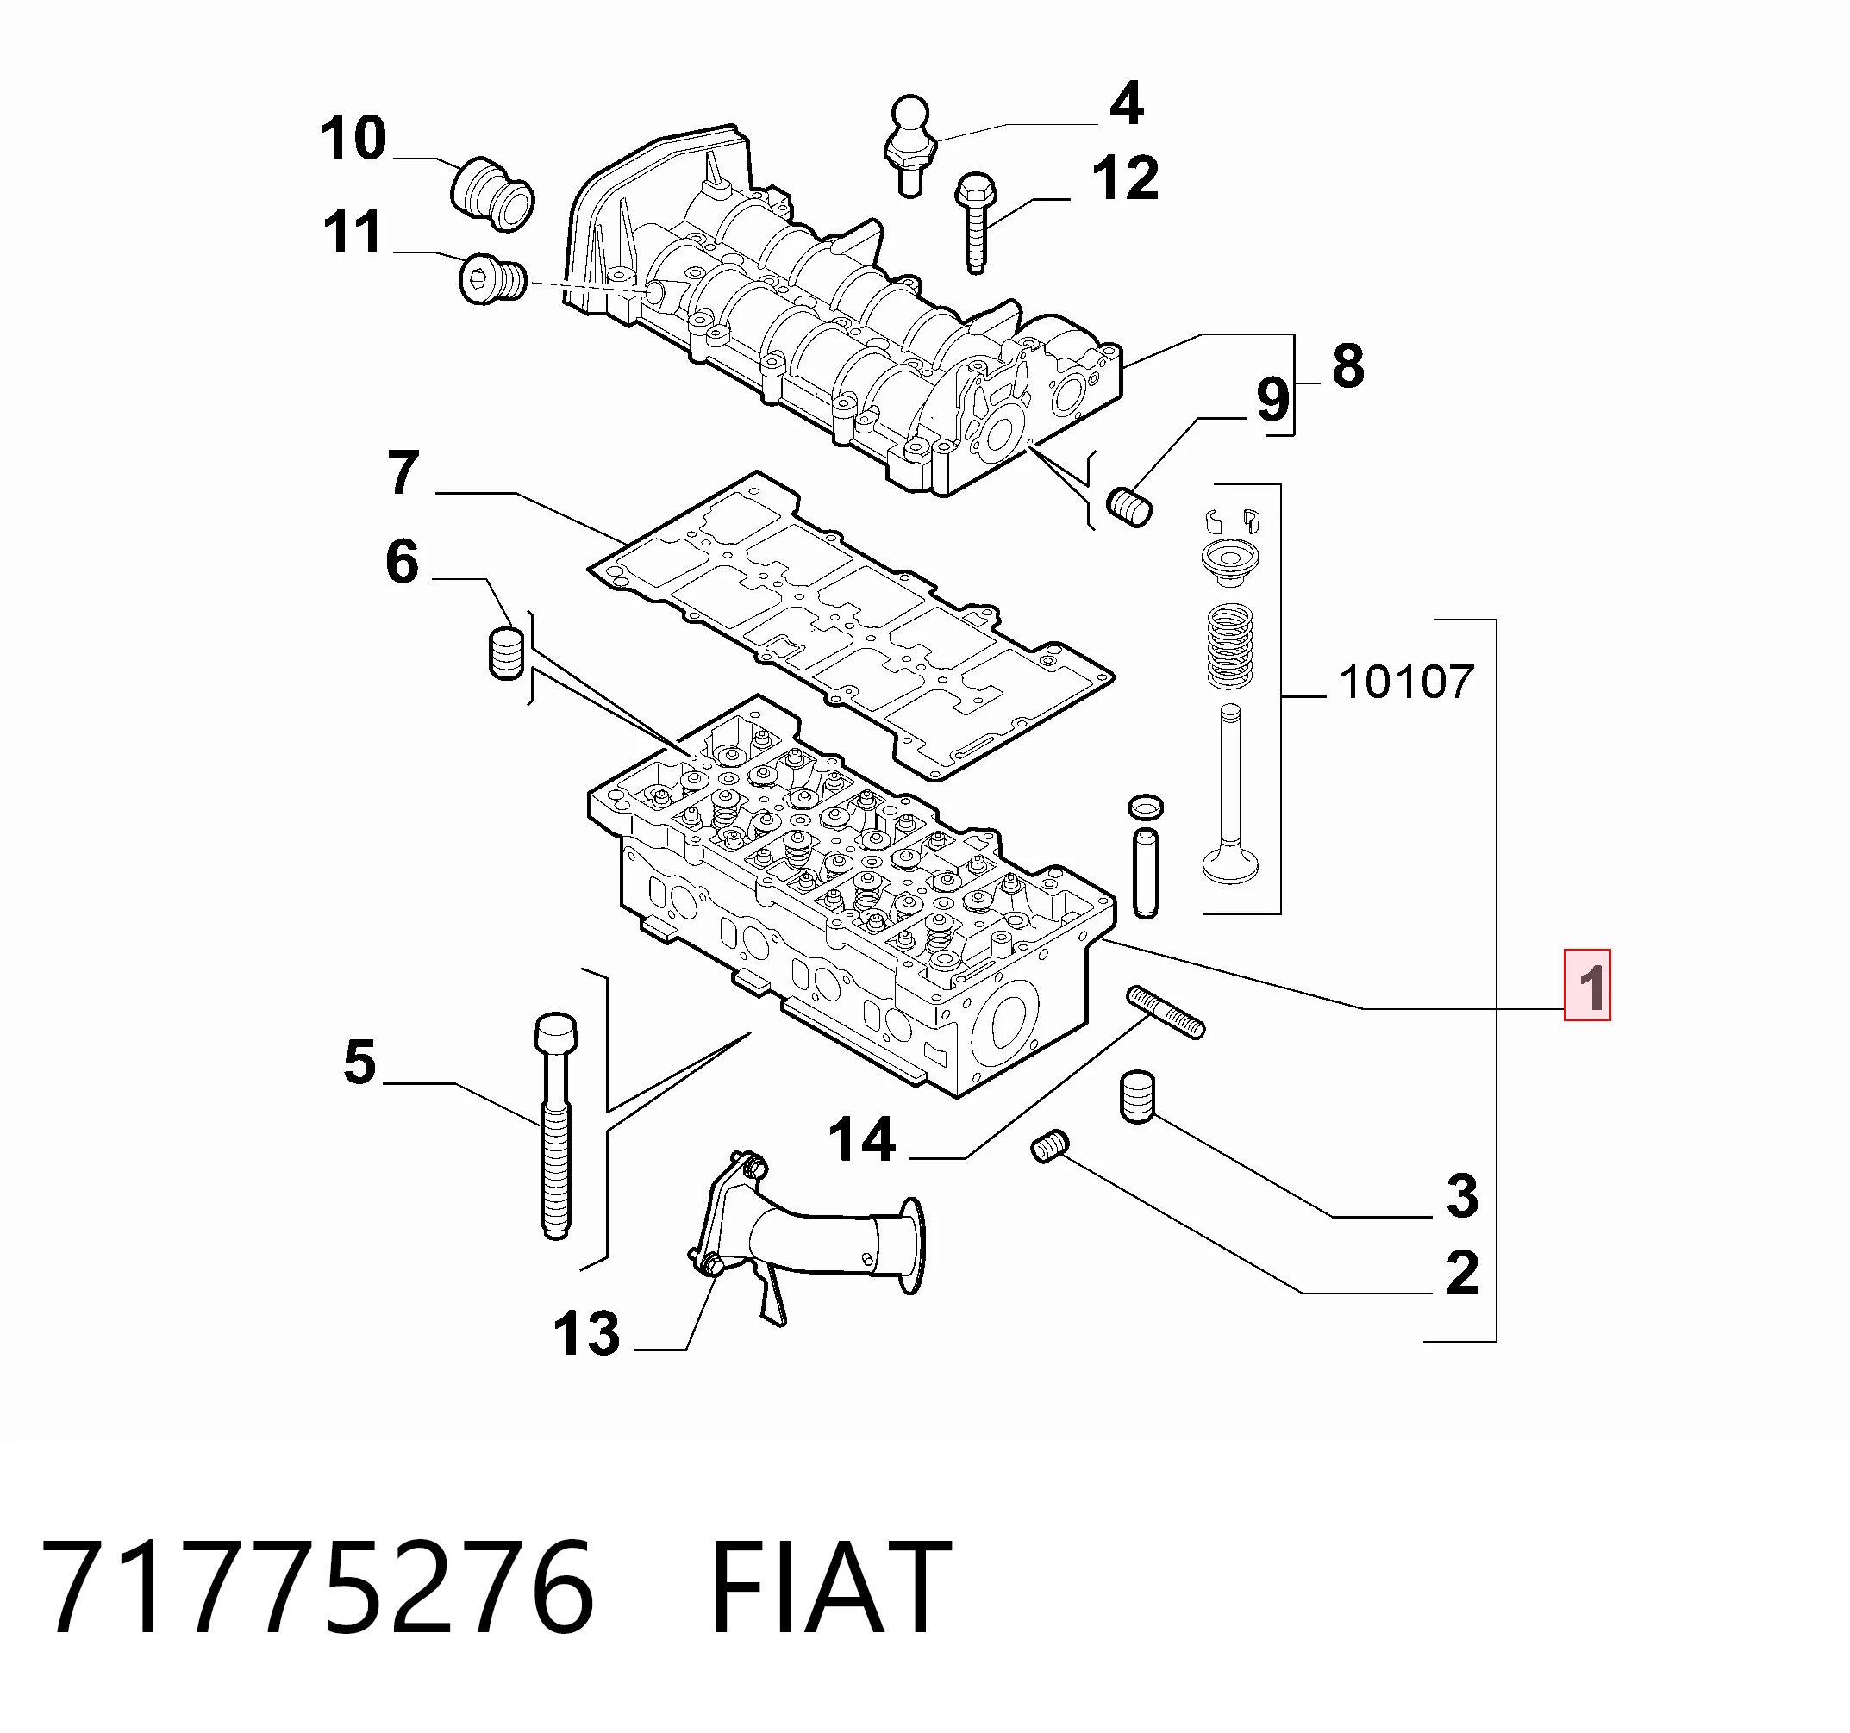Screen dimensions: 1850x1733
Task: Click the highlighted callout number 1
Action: tap(1587, 986)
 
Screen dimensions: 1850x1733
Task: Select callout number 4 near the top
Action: tap(1126, 103)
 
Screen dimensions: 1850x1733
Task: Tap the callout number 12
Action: tap(1125, 178)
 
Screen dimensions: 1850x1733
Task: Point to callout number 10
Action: tap(353, 139)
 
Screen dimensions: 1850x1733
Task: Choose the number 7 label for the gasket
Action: tap(403, 472)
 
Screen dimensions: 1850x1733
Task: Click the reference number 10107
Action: tap(1406, 683)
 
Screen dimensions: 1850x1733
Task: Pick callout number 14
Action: tap(862, 1140)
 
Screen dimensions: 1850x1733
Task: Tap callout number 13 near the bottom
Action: tap(586, 1334)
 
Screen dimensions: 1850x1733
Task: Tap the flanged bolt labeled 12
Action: tap(972, 222)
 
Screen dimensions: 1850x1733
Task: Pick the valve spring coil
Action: tap(1229, 646)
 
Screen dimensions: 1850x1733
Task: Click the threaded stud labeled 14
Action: tap(1166, 1011)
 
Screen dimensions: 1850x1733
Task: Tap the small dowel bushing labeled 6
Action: tap(506, 654)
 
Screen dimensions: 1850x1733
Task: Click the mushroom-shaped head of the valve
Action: tap(1230, 863)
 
